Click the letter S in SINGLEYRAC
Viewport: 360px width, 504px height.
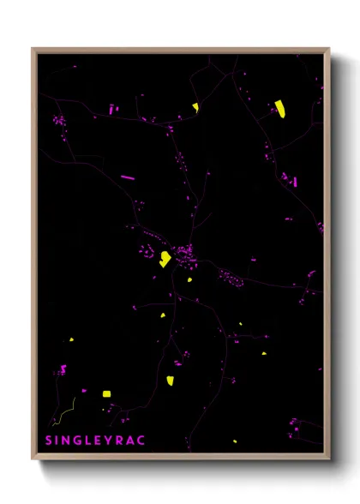click(x=49, y=440)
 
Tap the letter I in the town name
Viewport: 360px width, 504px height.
click(x=58, y=440)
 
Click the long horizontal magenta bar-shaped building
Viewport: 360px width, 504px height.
click(x=128, y=177)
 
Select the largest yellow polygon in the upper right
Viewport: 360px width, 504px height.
click(x=279, y=108)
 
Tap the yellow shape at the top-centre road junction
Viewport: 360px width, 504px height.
click(x=195, y=107)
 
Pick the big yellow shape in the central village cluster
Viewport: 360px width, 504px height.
click(x=164, y=259)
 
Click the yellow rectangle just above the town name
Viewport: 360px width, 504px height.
click(x=106, y=393)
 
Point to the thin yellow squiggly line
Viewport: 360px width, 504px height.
click(x=65, y=412)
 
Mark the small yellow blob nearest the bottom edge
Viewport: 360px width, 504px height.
click(x=234, y=441)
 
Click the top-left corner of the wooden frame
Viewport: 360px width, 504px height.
click(x=32, y=49)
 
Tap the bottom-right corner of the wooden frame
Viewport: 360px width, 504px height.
click(x=330, y=459)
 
